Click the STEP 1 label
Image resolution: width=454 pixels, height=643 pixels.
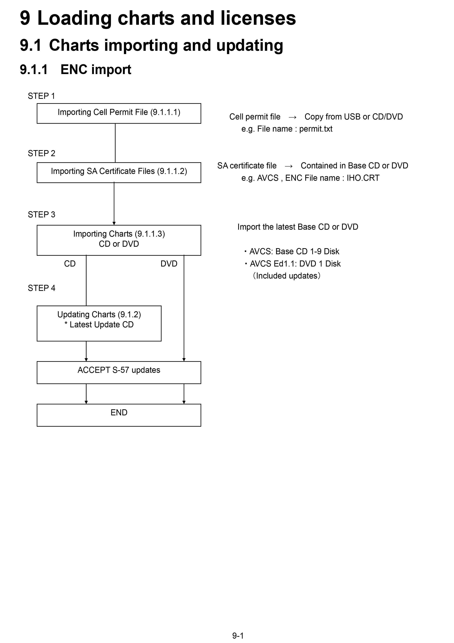tap(41, 96)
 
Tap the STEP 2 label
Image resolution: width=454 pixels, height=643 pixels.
tap(41, 153)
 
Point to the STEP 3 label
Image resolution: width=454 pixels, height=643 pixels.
tap(41, 214)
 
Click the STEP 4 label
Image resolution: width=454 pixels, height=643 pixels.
tap(41, 288)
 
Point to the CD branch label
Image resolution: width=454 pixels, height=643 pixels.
tap(70, 264)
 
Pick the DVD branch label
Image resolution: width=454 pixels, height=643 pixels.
tap(169, 264)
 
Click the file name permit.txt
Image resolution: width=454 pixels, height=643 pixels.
tap(316, 129)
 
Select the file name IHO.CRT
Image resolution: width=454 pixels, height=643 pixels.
tap(363, 178)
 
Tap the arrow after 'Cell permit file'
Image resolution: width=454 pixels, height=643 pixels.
tap(292, 117)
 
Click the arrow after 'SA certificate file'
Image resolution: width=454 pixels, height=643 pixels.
tap(289, 166)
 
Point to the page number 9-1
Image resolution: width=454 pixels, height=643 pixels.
tap(238, 636)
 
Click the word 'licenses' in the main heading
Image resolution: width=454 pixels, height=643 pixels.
tap(258, 18)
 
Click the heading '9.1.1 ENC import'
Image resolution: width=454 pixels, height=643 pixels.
tap(76, 70)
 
